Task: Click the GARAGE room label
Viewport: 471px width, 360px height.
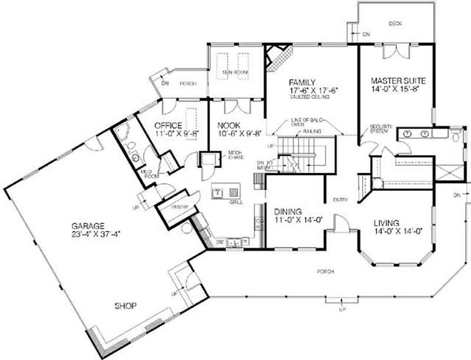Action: point(88,226)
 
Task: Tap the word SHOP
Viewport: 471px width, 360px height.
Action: point(125,306)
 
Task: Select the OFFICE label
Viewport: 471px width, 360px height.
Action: point(168,125)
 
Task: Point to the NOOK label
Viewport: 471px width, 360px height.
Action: point(228,125)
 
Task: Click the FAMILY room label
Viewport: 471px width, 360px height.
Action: point(303,82)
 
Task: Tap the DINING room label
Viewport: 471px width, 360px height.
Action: point(288,212)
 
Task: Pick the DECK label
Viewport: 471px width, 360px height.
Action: point(395,24)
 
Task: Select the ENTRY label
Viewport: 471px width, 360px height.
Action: point(340,200)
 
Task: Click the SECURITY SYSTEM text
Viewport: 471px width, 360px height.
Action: point(380,129)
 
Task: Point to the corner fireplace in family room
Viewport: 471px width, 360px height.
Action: point(275,57)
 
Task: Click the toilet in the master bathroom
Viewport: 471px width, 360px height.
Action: point(456,137)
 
